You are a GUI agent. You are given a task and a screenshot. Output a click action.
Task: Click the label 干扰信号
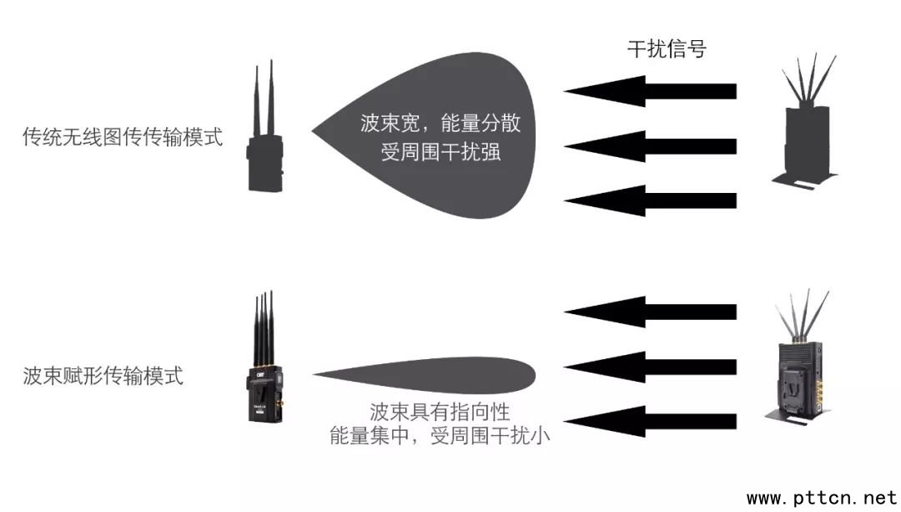point(666,49)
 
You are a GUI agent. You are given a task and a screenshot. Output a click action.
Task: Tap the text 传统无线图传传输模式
point(123,137)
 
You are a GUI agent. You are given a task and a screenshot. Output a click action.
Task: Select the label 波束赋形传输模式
point(103,376)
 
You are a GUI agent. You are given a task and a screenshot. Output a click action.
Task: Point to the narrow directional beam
point(425,375)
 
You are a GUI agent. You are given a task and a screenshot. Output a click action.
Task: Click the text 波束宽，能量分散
point(440,123)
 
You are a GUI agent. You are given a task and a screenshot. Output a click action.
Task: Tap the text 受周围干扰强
point(440,151)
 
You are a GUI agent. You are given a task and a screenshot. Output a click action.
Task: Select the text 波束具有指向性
point(440,412)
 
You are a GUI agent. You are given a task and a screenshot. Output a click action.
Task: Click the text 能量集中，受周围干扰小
point(440,435)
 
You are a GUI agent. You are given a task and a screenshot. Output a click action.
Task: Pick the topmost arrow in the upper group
point(650,91)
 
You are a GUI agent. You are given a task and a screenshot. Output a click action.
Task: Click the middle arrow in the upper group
point(650,146)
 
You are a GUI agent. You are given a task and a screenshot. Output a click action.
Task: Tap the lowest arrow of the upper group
point(650,200)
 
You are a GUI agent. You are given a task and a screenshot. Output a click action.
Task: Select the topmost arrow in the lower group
point(650,312)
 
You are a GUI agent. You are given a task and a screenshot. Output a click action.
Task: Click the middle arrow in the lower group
point(650,367)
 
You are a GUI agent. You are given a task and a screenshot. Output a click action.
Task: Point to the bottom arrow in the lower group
point(650,422)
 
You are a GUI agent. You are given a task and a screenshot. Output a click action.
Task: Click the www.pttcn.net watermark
point(823,497)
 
